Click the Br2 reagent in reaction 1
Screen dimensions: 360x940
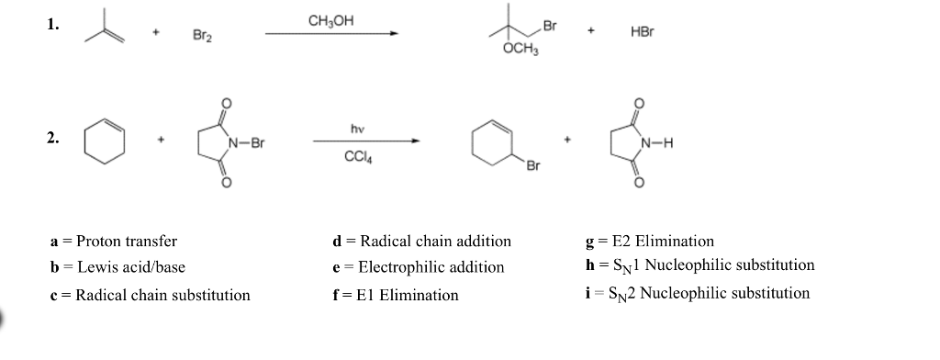coord(203,36)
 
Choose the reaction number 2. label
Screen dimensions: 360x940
coord(52,139)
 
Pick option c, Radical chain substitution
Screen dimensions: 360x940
coord(149,295)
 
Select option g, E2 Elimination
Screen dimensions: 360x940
coord(642,242)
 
